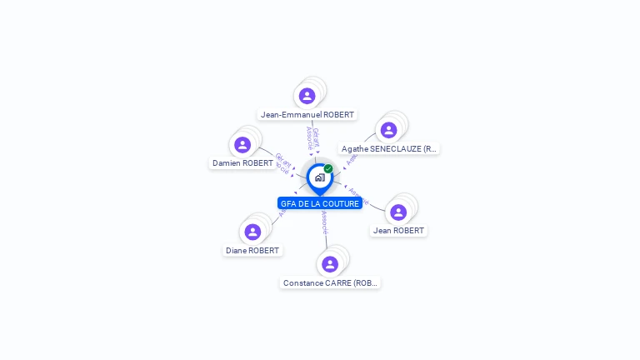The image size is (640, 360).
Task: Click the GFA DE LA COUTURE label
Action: click(x=320, y=203)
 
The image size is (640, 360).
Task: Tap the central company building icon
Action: click(x=319, y=177)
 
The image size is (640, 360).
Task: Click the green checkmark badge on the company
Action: click(x=328, y=169)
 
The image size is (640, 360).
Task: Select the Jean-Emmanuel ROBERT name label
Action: click(x=307, y=115)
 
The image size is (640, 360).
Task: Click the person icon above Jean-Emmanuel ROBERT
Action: click(x=307, y=96)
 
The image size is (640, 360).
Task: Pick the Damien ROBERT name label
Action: click(x=242, y=163)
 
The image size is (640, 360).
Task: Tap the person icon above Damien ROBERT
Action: click(x=242, y=145)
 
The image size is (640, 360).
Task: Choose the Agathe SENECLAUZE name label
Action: click(x=389, y=149)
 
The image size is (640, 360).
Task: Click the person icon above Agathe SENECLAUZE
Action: click(x=388, y=130)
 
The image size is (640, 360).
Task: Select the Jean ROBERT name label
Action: click(x=398, y=231)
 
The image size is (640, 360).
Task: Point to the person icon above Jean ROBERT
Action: click(x=398, y=212)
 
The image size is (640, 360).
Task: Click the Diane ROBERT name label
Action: click(x=252, y=250)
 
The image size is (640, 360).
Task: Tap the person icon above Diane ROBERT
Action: click(x=252, y=232)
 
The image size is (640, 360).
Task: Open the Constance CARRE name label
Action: click(x=331, y=283)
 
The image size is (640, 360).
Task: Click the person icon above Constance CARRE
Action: click(x=330, y=264)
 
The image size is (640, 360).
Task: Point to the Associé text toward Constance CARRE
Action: click(x=324, y=222)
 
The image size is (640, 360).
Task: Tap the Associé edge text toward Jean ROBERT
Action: click(x=359, y=196)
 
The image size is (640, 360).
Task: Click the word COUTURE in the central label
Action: click(x=341, y=203)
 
